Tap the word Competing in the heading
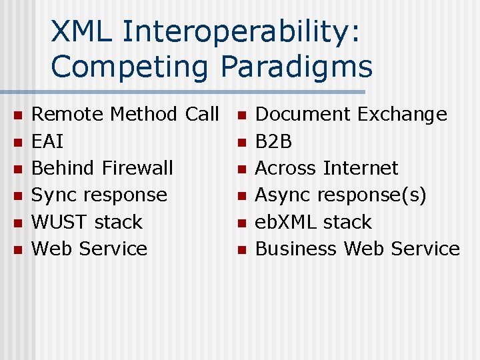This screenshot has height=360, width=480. click(132, 67)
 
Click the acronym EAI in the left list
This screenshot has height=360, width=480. click(48, 141)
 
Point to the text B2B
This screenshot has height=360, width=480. click(274, 141)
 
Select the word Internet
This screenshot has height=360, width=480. click(361, 168)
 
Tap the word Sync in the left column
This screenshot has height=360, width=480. click(51, 195)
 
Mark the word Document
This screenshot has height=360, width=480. click(303, 115)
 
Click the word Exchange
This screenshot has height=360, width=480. click(402, 115)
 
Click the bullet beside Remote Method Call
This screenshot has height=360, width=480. click(18, 116)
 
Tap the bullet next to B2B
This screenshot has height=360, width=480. click(242, 143)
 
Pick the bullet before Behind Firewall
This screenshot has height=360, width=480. click(18, 169)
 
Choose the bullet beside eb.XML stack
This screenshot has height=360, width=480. click(242, 223)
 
